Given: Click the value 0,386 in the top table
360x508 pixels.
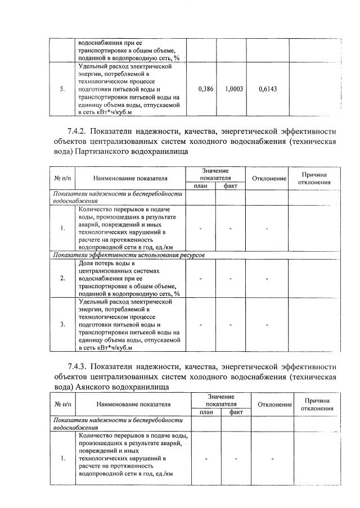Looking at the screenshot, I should [x=206, y=89].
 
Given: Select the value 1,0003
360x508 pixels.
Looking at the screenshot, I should [x=234, y=89].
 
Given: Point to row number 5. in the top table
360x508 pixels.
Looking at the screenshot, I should [x=63, y=89].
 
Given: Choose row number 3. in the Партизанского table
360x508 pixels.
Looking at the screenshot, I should [x=62, y=325].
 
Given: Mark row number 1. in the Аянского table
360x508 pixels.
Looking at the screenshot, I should [x=62, y=459].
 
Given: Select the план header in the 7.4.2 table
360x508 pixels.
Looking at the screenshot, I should [x=201, y=186].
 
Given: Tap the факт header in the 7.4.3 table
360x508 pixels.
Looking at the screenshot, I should [x=236, y=412].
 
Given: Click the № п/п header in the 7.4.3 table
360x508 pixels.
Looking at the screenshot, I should [x=62, y=404].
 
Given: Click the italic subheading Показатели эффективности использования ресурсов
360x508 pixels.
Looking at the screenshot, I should [x=129, y=255].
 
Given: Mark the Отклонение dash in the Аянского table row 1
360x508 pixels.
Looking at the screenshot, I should [x=272, y=459].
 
